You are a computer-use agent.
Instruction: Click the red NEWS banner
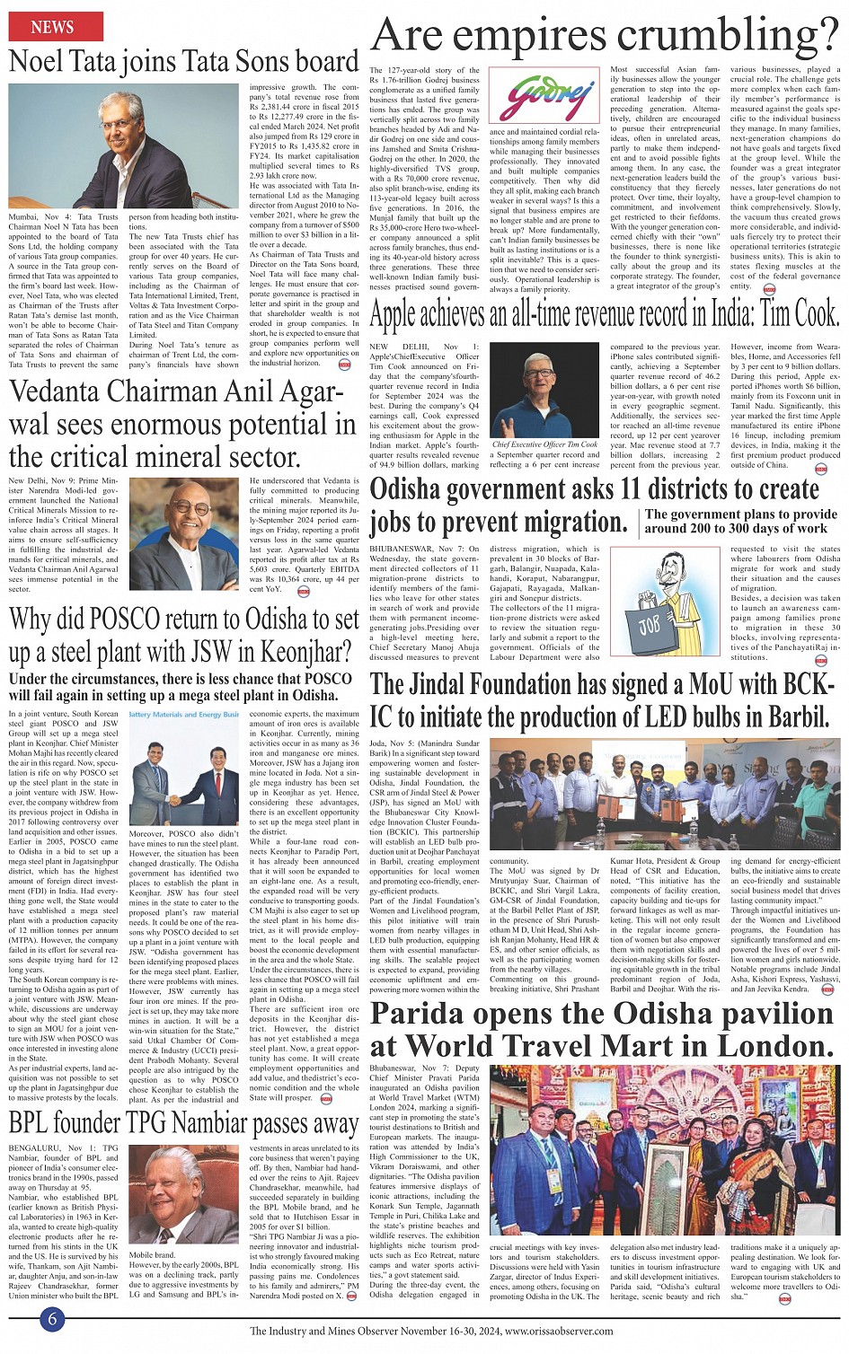pyautogui.click(x=53, y=27)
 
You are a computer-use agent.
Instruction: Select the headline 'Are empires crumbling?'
pyautogui.click(x=605, y=35)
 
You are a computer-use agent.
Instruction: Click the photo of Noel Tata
pyautogui.click(x=126, y=146)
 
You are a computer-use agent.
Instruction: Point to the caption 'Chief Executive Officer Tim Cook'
pyautogui.click(x=545, y=444)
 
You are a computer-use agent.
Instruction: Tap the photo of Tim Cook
pyautogui.click(x=545, y=389)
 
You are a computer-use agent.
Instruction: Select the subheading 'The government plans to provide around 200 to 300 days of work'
pyautogui.click(x=740, y=522)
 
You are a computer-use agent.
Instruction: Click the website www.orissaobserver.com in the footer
pyautogui.click(x=559, y=1331)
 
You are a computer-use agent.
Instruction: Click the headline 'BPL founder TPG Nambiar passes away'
pyautogui.click(x=183, y=1123)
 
